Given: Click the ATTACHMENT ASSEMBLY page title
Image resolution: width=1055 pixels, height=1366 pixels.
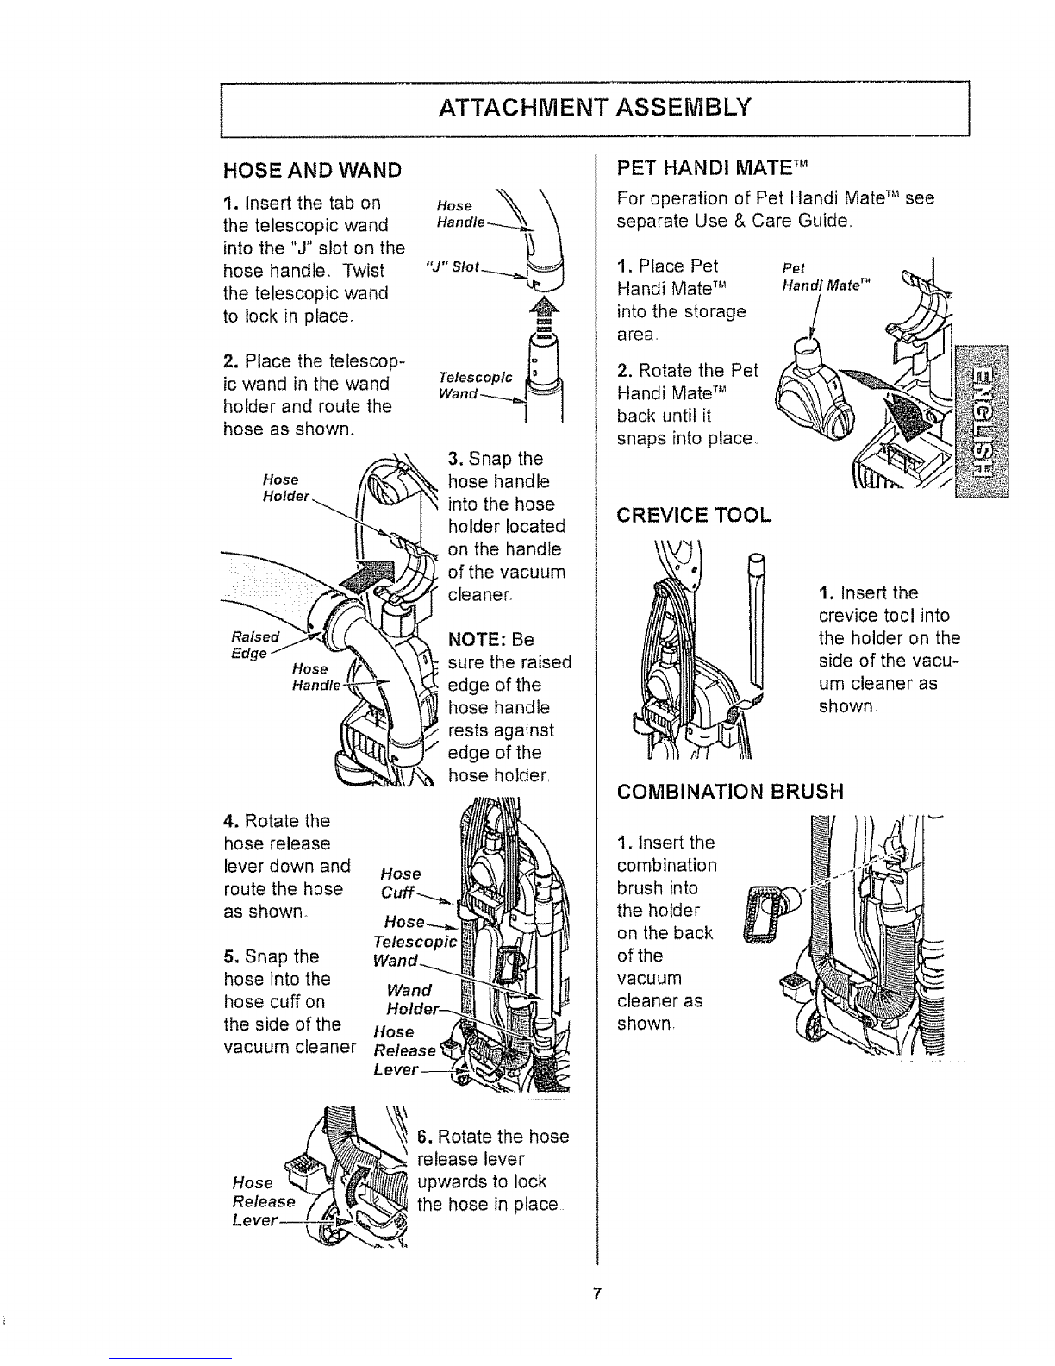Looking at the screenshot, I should [596, 107].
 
